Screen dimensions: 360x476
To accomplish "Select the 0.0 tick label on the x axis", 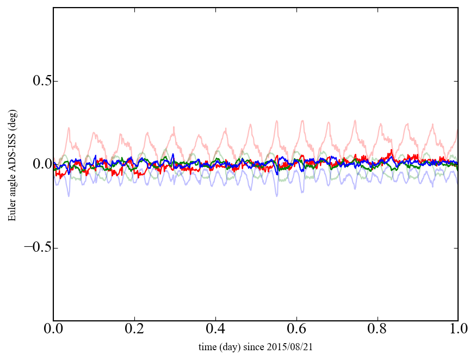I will (53, 330).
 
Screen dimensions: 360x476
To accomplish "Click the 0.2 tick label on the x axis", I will (134, 330).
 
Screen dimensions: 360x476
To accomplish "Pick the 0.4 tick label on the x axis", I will (215, 330).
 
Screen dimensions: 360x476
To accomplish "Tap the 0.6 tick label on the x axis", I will (296, 330).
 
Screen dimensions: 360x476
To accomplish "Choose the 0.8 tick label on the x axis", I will (377, 330).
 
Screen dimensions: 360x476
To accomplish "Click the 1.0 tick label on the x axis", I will (458, 330).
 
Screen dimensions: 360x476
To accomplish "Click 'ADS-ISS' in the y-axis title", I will (12, 162).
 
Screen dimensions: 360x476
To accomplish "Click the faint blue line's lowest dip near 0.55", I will (276, 195).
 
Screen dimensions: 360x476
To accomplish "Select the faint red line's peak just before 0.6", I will (302, 120).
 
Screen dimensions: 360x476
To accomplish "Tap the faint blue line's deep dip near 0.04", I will (69, 195).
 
